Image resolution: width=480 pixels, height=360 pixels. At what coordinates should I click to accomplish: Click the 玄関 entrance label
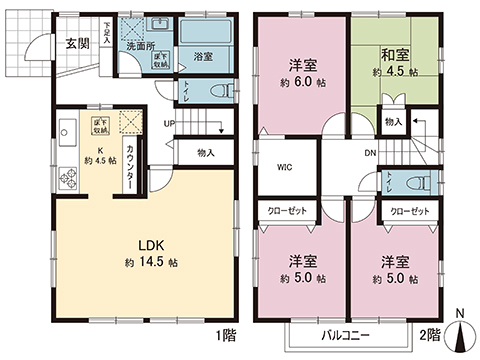pos(78,43)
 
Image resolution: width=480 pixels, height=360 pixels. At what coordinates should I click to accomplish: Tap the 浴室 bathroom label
pos(203,56)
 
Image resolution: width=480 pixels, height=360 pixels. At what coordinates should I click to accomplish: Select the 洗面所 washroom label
pos(138,47)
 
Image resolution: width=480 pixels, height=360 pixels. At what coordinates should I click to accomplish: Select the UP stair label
pos(170,124)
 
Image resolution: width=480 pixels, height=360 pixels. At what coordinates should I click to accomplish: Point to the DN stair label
pos(368,153)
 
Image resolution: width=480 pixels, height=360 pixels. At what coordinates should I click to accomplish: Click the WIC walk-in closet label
pos(284,168)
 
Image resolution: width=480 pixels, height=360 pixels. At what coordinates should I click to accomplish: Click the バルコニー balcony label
pos(347,333)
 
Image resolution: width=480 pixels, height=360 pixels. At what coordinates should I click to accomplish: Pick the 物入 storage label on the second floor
pos(394,122)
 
